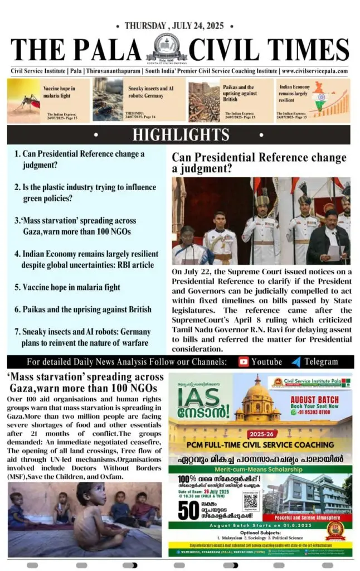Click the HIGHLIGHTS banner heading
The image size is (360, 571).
(181, 134)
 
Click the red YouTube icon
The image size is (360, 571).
(243, 361)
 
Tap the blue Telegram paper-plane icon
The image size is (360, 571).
(296, 361)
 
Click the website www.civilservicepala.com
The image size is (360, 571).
(315, 71)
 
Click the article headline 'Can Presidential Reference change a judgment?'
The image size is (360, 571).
(259, 162)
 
